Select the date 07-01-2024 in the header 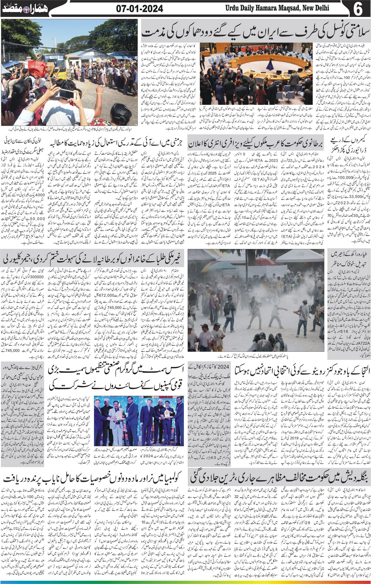[x=140, y=9]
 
